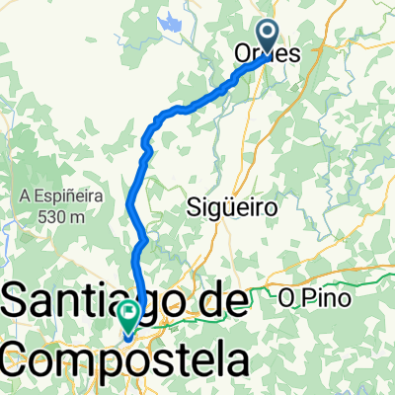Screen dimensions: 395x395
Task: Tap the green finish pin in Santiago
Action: pos(128,315)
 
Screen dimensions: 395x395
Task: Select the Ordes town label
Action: pos(268,56)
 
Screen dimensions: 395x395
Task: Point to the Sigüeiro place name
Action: pos(229,206)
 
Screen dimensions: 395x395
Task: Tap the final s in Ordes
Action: pos(293,56)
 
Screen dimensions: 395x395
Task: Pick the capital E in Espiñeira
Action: pos(31,197)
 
